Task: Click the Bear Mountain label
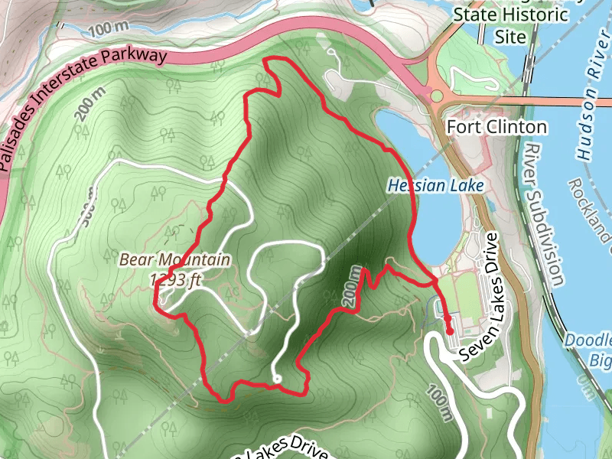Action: click(174, 260)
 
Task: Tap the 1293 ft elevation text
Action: click(175, 280)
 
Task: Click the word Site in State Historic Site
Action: click(510, 36)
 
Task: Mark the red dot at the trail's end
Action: click(450, 330)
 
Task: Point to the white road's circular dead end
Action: click(276, 379)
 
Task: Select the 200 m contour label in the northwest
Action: click(91, 106)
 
